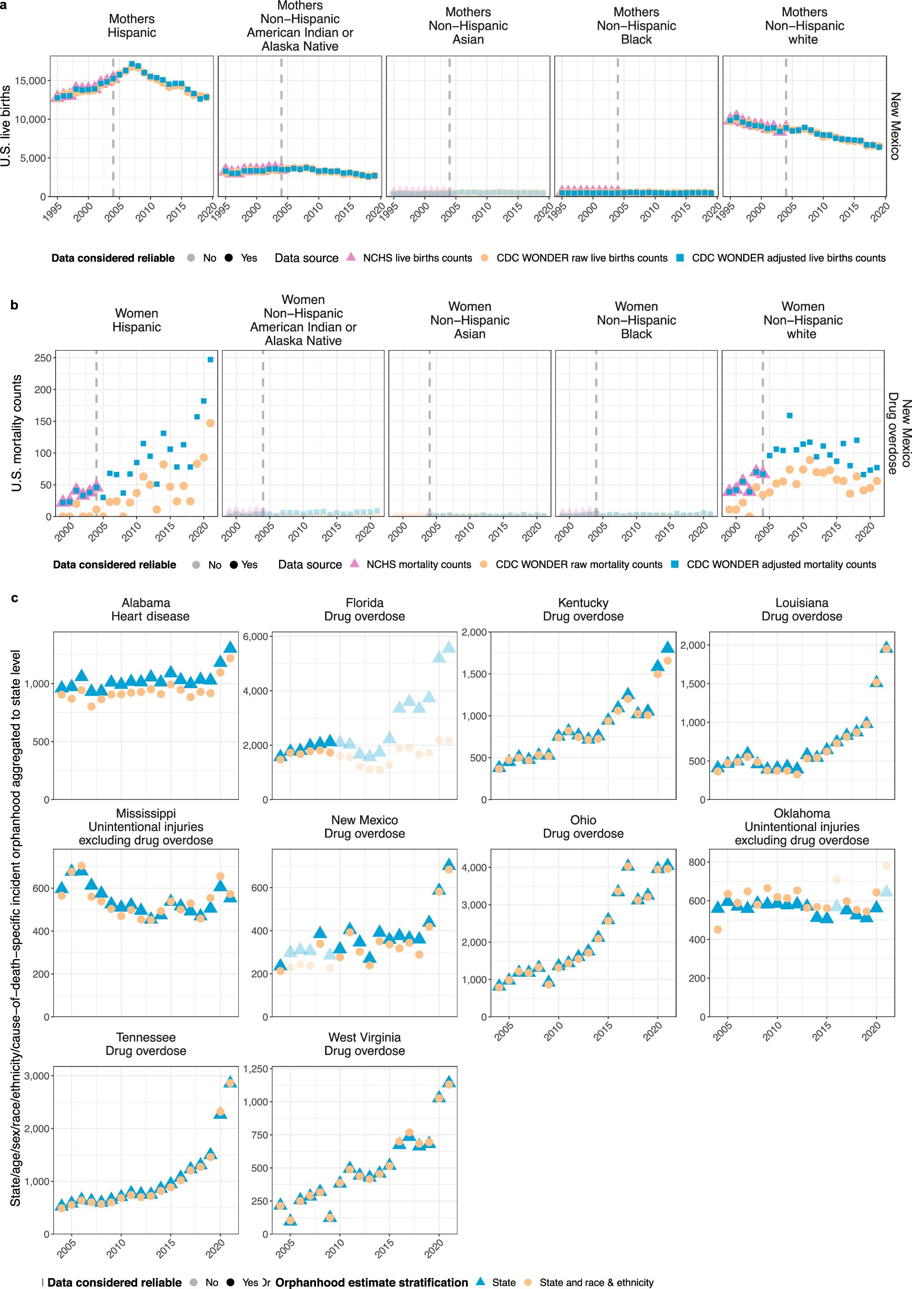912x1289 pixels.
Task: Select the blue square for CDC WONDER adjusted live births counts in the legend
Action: tap(680, 258)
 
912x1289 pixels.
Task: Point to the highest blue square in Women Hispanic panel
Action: tap(210, 360)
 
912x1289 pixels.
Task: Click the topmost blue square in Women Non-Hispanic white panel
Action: tap(790, 416)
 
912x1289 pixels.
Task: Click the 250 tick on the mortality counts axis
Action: tap(43, 358)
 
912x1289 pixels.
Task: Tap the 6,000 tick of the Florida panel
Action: tap(255, 636)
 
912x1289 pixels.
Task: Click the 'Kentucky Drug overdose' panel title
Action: tap(583, 609)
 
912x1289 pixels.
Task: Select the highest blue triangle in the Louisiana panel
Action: tap(887, 646)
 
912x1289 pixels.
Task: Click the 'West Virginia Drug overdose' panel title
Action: tap(364, 1043)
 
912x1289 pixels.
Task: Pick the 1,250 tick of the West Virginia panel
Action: tap(255, 1069)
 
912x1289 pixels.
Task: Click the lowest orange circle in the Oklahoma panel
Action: tap(718, 929)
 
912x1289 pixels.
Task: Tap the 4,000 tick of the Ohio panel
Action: tap(475, 868)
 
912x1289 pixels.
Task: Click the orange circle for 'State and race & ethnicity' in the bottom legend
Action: tap(528, 1282)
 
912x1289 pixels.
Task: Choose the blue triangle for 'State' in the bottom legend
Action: tap(480, 1282)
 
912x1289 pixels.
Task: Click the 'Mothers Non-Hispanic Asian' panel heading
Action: tap(468, 26)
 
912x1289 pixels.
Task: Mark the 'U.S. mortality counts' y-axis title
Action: tap(17, 433)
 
